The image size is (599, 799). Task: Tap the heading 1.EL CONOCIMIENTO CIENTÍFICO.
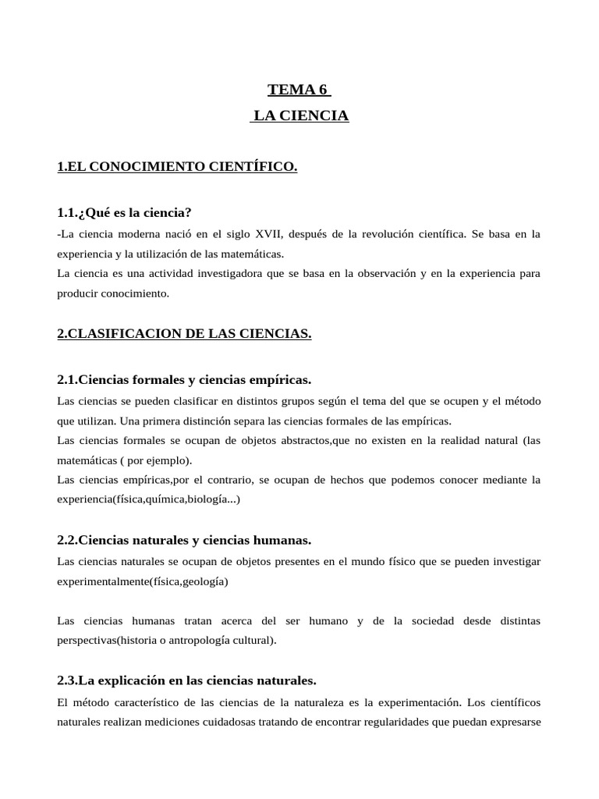[x=177, y=166]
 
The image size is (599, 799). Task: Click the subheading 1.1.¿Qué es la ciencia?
[x=125, y=212]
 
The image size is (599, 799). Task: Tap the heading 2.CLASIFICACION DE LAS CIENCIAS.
[x=184, y=334]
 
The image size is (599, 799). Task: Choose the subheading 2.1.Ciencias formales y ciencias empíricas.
[x=184, y=380]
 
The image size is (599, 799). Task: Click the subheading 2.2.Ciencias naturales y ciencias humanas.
[x=184, y=540]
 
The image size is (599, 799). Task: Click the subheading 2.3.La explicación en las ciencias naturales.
[x=187, y=680]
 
